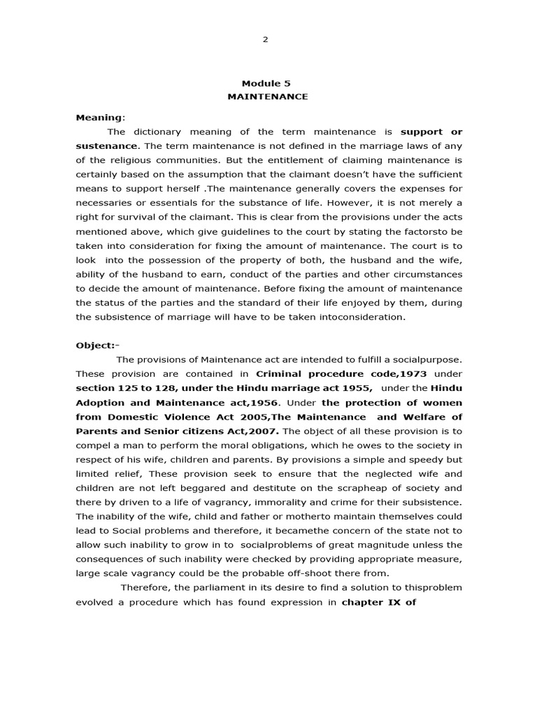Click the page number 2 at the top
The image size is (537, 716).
tap(265, 39)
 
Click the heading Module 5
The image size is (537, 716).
tap(266, 83)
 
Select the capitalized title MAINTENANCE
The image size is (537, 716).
tap(267, 96)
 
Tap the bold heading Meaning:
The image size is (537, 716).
tap(95, 117)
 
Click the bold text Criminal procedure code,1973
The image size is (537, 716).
tap(341, 374)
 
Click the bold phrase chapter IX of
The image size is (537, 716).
tap(378, 602)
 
